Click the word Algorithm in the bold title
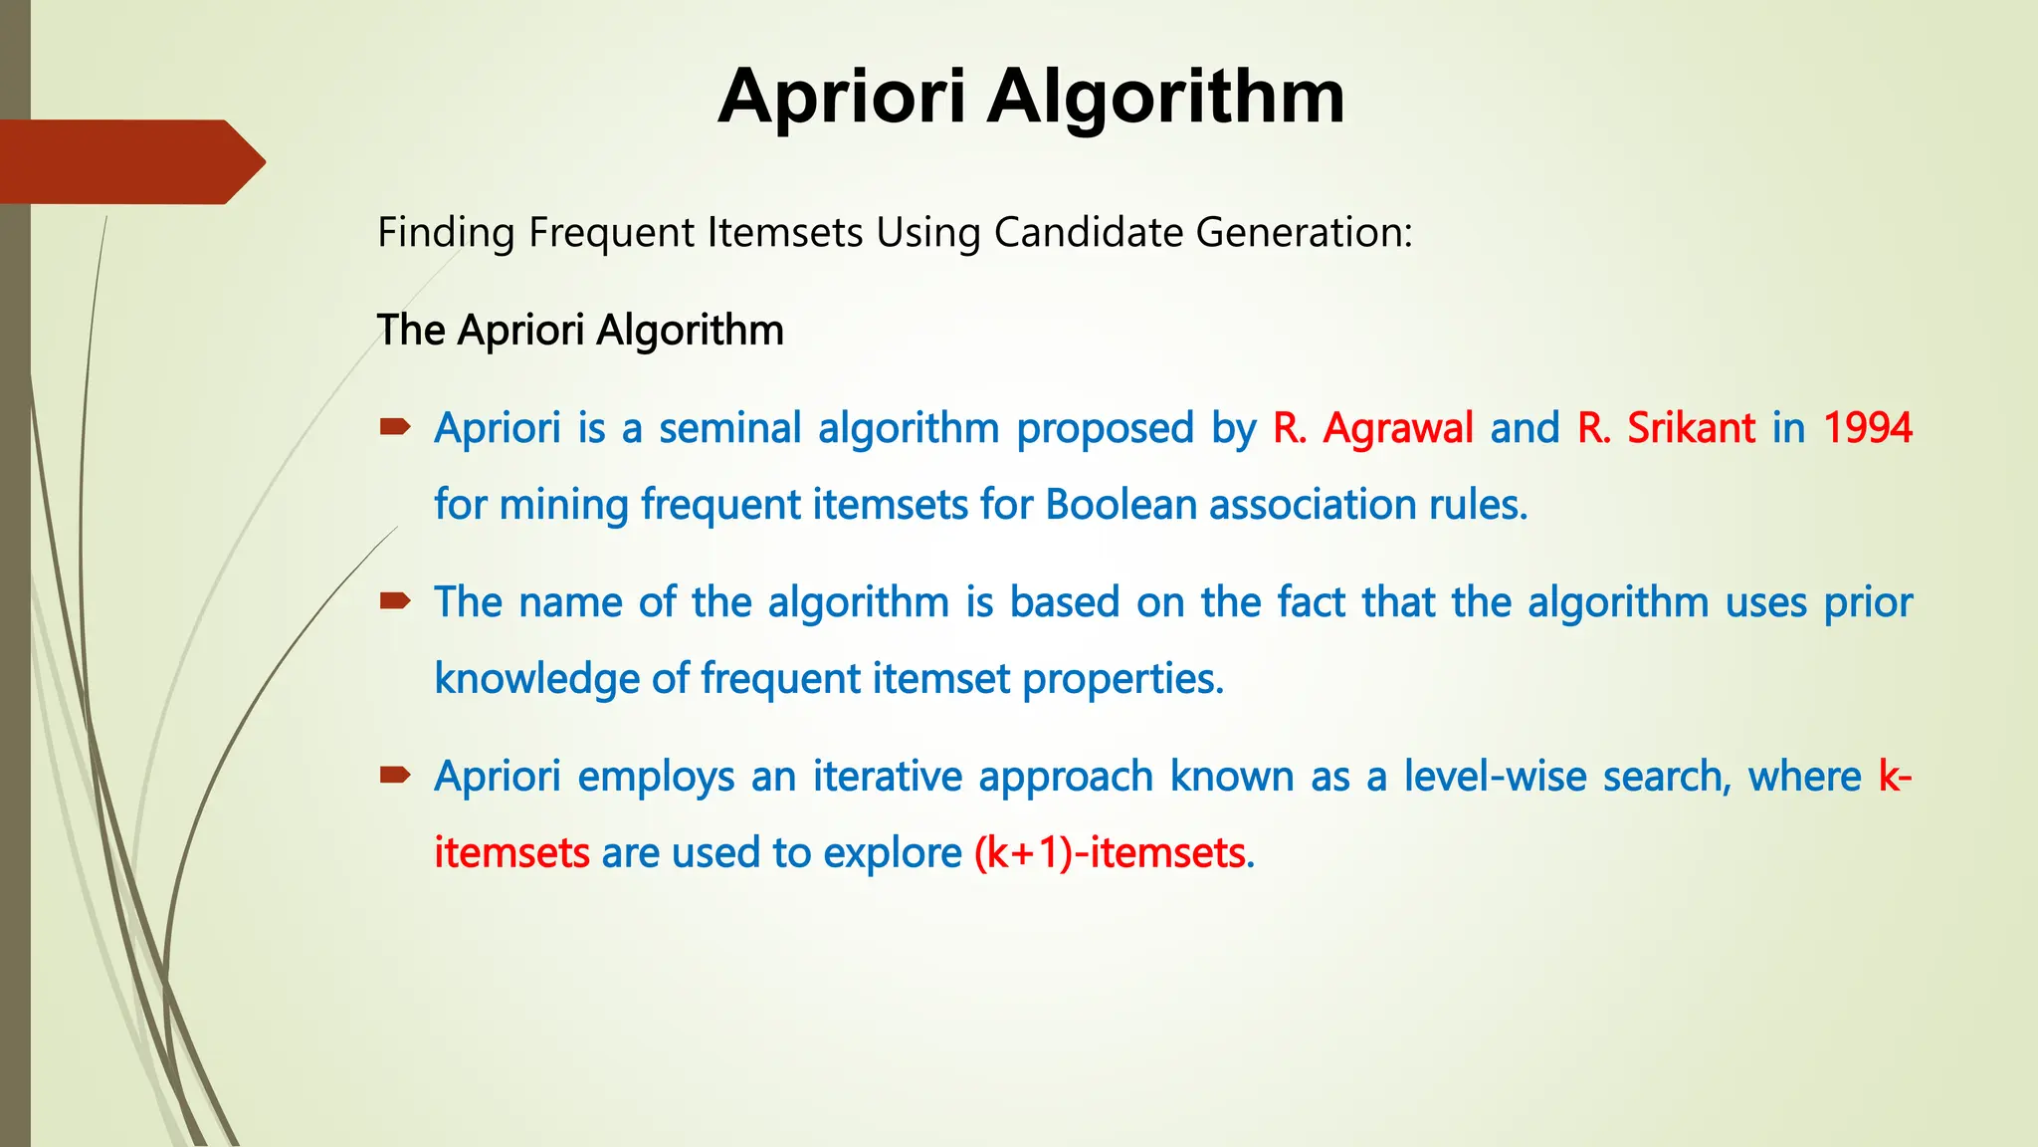coord(1165,98)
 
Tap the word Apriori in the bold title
coord(842,98)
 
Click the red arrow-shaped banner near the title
coord(129,162)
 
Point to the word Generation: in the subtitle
coord(1304,233)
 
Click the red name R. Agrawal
coord(1373,428)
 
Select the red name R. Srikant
coord(1666,428)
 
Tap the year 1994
coord(1868,428)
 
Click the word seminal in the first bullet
coord(729,428)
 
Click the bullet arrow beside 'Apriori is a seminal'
coord(395,428)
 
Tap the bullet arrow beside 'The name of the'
coord(395,600)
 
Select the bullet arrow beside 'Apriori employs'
coord(395,775)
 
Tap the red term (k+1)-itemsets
coord(1110,853)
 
